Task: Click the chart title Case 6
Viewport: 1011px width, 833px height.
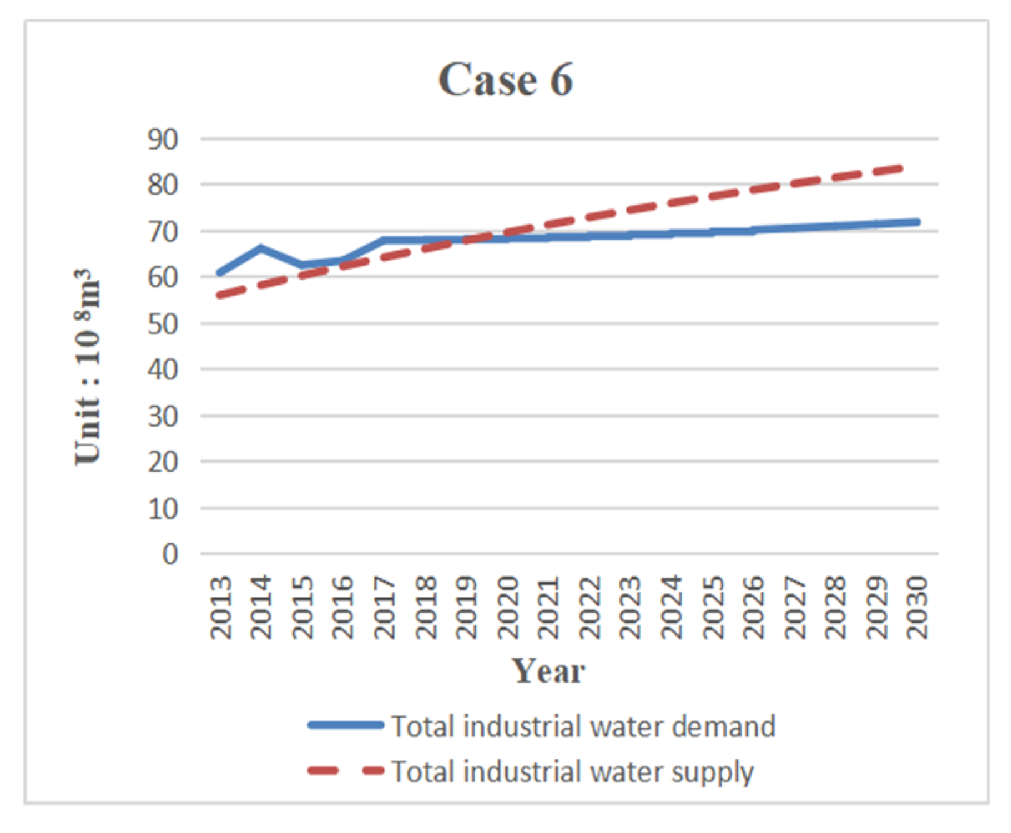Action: [x=505, y=80]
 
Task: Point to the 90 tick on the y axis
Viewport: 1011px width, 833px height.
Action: [x=163, y=139]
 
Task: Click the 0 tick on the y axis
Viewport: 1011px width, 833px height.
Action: [x=170, y=554]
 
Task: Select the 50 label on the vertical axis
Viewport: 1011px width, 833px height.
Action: [x=163, y=324]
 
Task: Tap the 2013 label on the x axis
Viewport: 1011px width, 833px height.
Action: [x=221, y=607]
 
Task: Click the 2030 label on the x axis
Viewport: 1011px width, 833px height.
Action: [x=917, y=607]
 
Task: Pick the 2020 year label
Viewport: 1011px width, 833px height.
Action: [x=508, y=607]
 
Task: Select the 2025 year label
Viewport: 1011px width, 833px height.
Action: [x=713, y=607]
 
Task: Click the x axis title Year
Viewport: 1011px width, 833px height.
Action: [x=548, y=671]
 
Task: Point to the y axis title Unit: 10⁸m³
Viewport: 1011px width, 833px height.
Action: [x=87, y=367]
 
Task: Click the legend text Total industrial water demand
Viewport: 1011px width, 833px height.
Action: [x=583, y=726]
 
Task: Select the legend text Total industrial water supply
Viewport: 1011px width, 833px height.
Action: [x=573, y=771]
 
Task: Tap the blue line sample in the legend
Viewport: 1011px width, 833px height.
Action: [x=346, y=725]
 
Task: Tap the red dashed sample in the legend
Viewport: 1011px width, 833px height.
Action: [x=346, y=771]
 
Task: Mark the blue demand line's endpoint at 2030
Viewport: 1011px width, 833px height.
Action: [x=917, y=222]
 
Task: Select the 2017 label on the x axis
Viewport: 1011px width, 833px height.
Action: [x=385, y=607]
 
